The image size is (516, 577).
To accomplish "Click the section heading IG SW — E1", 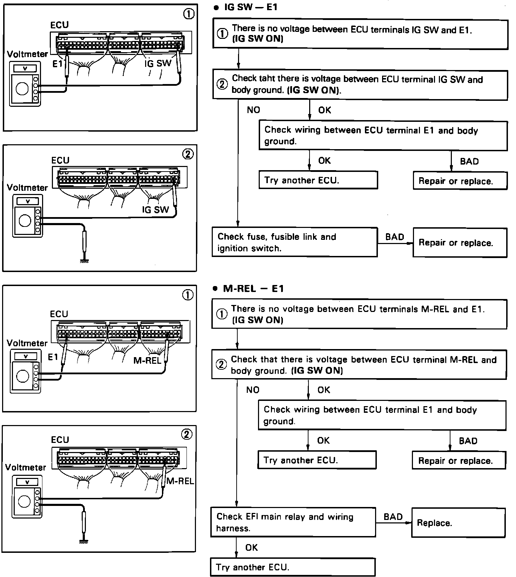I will (x=250, y=7).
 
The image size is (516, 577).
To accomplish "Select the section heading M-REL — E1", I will (x=253, y=288).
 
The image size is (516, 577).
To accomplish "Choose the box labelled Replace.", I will (x=458, y=523).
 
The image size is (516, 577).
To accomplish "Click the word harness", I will (x=233, y=528).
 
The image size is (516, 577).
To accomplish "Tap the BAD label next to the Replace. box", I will (x=393, y=517).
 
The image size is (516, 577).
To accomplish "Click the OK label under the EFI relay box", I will (x=251, y=547).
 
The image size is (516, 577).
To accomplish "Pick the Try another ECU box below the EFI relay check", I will (x=292, y=567).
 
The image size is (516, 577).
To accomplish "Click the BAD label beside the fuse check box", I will (x=395, y=237).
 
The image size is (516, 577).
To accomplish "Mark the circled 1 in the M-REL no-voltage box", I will (x=222, y=314).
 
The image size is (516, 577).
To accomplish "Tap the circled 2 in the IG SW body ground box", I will (x=222, y=84).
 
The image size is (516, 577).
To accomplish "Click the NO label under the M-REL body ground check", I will (x=252, y=390).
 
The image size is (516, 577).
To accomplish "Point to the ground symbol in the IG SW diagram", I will (x=84, y=260).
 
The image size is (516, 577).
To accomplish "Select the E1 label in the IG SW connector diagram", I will (x=57, y=64).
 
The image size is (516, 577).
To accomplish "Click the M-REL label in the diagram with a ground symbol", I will (x=180, y=481).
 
